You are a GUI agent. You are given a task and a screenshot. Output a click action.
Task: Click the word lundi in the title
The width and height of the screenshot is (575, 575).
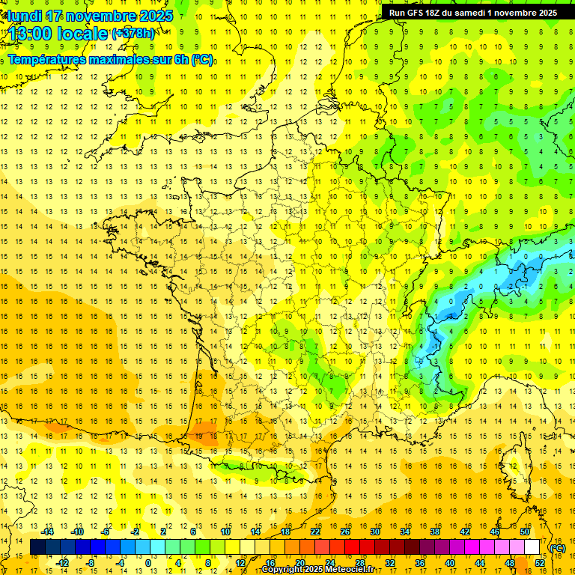[x=25, y=16]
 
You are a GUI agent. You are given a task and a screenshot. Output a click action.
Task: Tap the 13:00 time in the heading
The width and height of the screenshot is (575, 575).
[x=29, y=34]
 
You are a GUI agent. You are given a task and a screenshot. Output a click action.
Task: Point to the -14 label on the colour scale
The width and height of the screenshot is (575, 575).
[x=49, y=532]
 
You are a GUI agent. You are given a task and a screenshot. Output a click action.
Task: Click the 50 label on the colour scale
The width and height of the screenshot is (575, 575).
[x=525, y=532]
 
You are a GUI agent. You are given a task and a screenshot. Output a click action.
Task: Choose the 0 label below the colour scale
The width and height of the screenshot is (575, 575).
[x=147, y=563]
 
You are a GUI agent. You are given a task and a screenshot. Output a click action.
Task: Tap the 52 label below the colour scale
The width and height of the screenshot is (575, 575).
[x=540, y=563]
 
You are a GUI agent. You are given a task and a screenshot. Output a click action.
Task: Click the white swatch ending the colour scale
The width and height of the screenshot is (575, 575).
[x=532, y=547]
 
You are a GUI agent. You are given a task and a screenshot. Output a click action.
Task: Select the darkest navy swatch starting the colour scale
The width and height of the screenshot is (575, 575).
[x=37, y=547]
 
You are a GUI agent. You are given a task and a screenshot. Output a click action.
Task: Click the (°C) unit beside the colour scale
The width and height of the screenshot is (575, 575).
[x=558, y=548]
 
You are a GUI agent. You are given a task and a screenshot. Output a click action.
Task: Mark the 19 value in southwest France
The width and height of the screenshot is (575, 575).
[x=200, y=435]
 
